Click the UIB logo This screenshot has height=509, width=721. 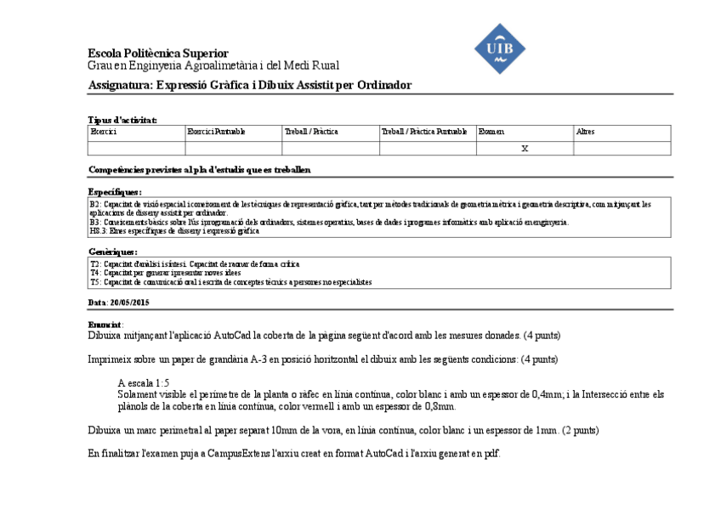[x=499, y=48]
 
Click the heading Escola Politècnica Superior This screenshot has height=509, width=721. [x=158, y=54]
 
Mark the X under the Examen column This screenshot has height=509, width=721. [x=525, y=149]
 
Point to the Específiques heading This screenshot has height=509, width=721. [x=115, y=193]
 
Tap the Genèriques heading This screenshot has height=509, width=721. [x=112, y=252]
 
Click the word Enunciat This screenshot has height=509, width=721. [x=105, y=325]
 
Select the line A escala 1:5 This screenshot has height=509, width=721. [x=144, y=383]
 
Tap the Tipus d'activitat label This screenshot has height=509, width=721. [x=122, y=120]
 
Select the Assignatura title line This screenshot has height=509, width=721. [x=250, y=85]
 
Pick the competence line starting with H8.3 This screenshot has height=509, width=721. [x=173, y=231]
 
